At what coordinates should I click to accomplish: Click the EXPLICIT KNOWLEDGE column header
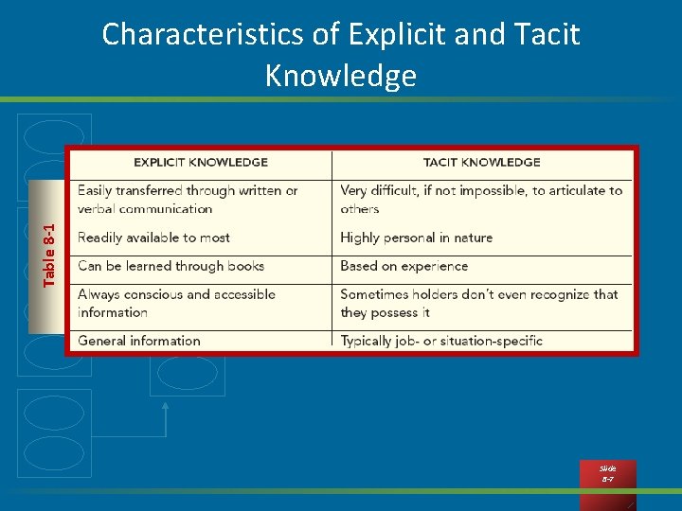(201, 162)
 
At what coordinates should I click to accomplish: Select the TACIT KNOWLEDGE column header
(481, 162)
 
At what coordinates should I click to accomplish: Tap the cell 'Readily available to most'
(153, 238)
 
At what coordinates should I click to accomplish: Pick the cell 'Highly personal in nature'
(416, 238)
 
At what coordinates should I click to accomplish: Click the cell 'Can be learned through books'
(170, 266)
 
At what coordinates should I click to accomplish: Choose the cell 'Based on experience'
(404, 266)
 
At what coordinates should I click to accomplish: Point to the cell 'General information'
(139, 341)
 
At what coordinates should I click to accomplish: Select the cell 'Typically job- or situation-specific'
(441, 341)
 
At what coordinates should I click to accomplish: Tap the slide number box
(607, 473)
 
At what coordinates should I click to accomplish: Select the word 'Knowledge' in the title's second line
(341, 76)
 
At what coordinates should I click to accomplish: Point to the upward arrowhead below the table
(167, 405)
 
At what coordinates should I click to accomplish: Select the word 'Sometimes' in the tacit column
(375, 294)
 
